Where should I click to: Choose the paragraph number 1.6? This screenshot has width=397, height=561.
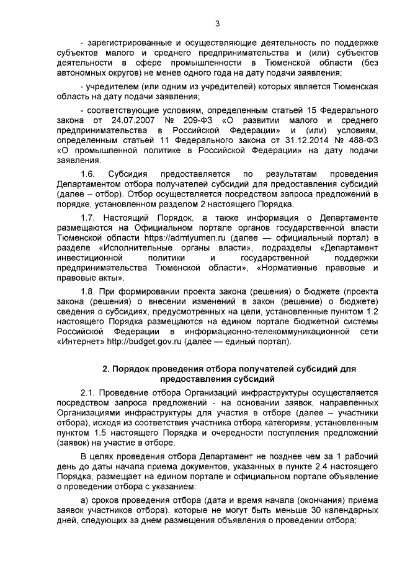pos(89,174)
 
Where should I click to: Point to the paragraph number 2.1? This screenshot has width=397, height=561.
pos(89,392)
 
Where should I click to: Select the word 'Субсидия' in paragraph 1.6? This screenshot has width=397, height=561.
pos(128,174)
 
